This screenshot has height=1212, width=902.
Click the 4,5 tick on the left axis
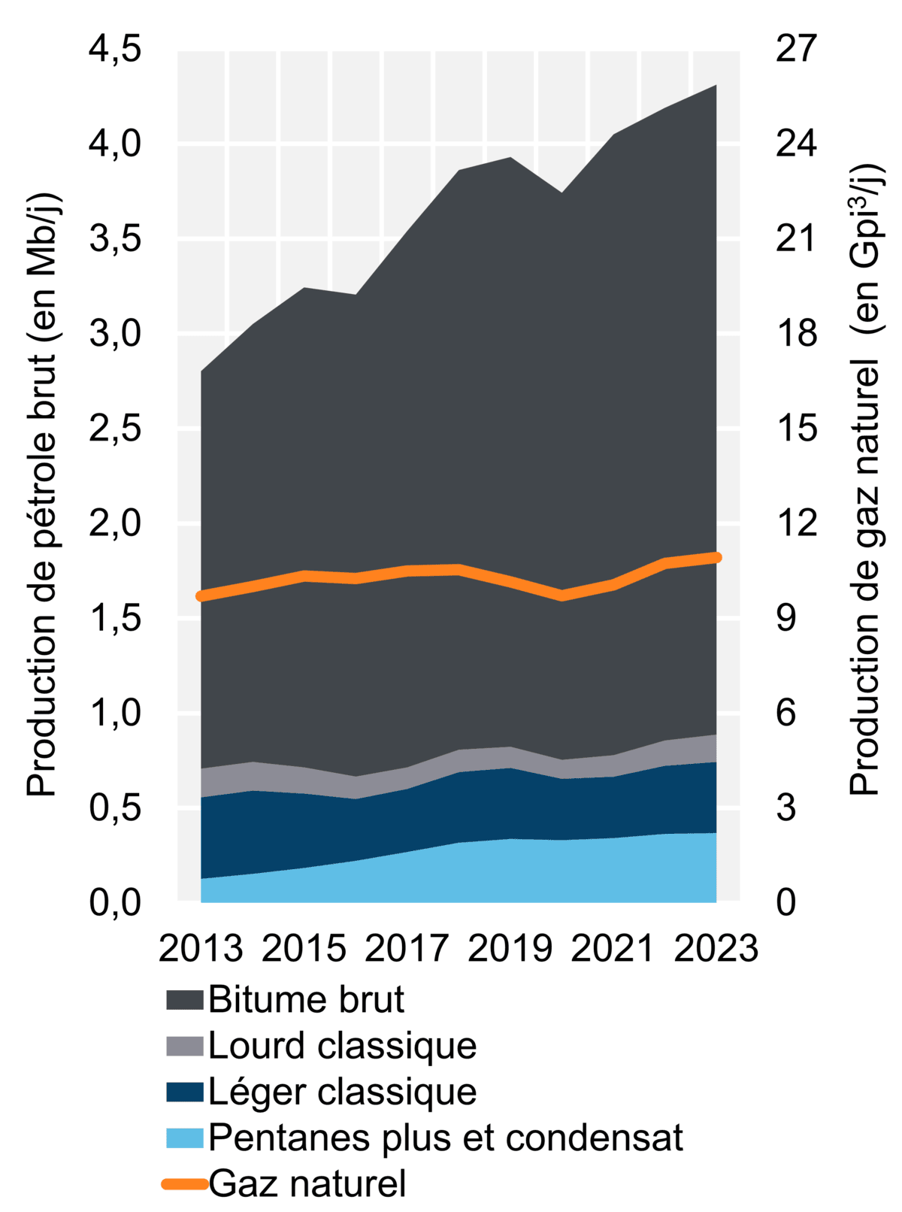click(115, 50)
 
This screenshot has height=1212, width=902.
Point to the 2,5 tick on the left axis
click(115, 429)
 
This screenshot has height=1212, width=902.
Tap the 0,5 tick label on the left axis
click(115, 807)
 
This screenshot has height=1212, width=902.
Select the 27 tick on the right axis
click(795, 50)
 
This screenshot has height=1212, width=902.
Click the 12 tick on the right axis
click(795, 523)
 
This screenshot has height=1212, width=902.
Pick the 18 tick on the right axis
click(795, 334)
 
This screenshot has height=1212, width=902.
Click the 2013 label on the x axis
click(201, 949)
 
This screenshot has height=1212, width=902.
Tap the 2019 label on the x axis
click(510, 949)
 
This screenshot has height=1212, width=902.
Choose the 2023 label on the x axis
click(716, 949)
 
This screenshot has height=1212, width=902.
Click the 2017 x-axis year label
click(407, 949)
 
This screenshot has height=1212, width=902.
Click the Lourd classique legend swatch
click(185, 1047)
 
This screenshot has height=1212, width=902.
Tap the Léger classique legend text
click(342, 1092)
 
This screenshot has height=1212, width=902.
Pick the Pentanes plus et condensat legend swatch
click(185, 1138)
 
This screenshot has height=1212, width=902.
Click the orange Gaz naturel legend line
click(185, 1184)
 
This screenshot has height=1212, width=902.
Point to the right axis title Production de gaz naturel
click(866, 481)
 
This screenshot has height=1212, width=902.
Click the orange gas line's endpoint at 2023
click(716, 557)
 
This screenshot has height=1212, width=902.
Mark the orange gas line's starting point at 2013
click(201, 596)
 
